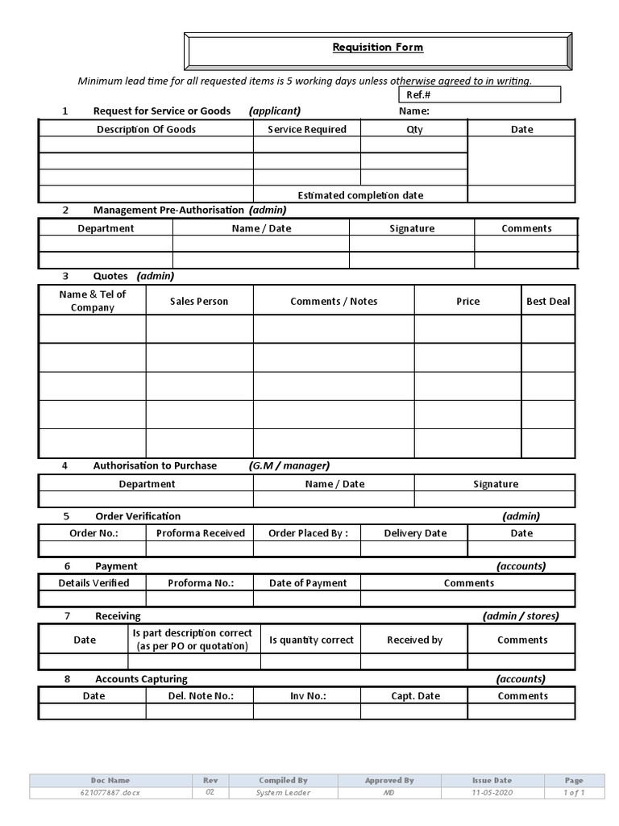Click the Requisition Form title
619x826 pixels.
point(377,48)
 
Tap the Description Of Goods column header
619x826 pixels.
point(146,129)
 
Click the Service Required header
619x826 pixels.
point(307,129)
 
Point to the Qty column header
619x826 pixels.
point(414,129)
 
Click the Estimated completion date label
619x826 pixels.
point(360,195)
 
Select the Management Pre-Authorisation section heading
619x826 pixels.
point(168,210)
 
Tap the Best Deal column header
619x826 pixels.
point(548,301)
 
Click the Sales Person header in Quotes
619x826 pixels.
point(199,301)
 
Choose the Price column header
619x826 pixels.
point(467,301)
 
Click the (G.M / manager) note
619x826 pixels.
point(289,465)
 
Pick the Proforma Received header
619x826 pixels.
point(201,533)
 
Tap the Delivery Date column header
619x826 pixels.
point(415,533)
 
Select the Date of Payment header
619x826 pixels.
point(308,583)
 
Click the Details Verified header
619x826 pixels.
point(93,583)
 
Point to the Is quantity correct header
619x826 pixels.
point(311,640)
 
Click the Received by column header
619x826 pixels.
point(414,640)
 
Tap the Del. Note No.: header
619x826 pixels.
point(201,696)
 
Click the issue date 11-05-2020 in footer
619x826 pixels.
point(492,793)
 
